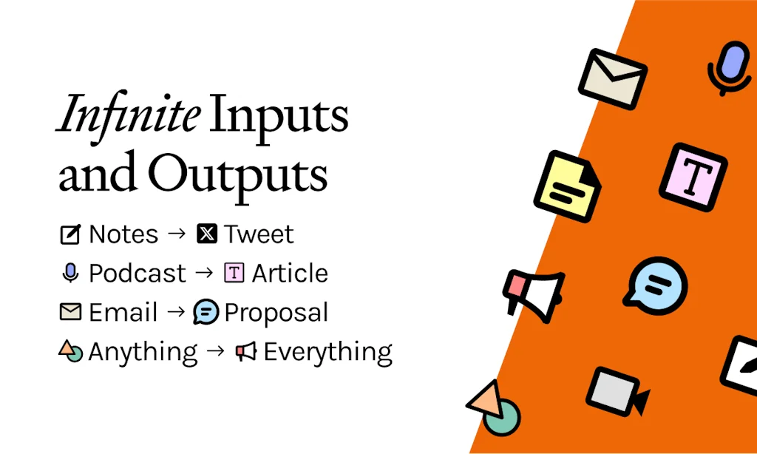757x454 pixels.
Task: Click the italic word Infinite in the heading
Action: [x=127, y=114]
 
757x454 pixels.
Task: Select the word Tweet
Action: [x=259, y=234]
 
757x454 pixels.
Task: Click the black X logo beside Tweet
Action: [x=207, y=234]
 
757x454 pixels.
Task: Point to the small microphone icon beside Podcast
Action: [x=70, y=273]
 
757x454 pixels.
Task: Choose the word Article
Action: [x=290, y=274]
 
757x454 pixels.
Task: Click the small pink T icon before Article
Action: [x=234, y=273]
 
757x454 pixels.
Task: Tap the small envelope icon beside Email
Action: [x=70, y=311]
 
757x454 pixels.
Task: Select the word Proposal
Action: [x=276, y=313]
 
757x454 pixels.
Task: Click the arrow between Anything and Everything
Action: [x=215, y=350]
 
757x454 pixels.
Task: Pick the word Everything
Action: [x=327, y=353]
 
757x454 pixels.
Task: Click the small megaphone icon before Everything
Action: [x=246, y=352]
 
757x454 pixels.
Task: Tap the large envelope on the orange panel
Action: [x=613, y=78]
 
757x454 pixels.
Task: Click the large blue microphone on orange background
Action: [x=730, y=67]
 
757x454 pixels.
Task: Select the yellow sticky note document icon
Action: [x=568, y=186]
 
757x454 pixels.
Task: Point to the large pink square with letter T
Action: [x=693, y=177]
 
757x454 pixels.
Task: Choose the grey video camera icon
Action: [x=617, y=392]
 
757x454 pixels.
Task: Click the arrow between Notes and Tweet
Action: [x=177, y=234]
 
